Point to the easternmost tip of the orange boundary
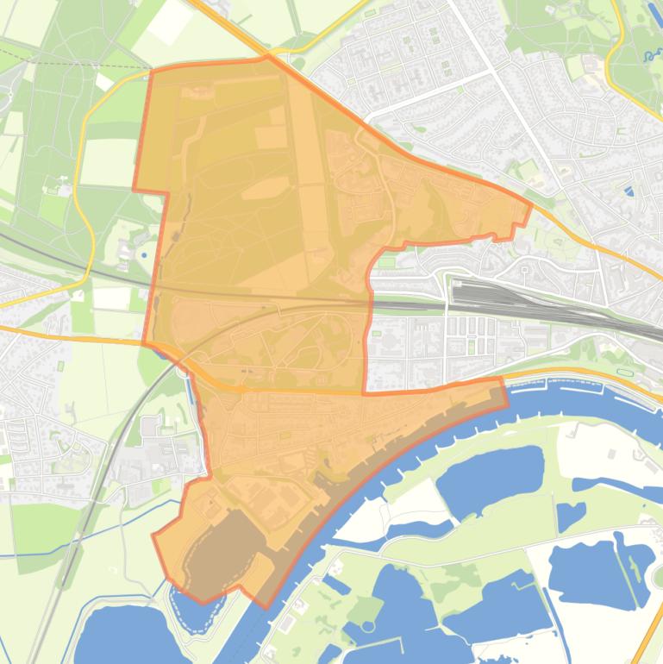530,204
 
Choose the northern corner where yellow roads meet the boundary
267,57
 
